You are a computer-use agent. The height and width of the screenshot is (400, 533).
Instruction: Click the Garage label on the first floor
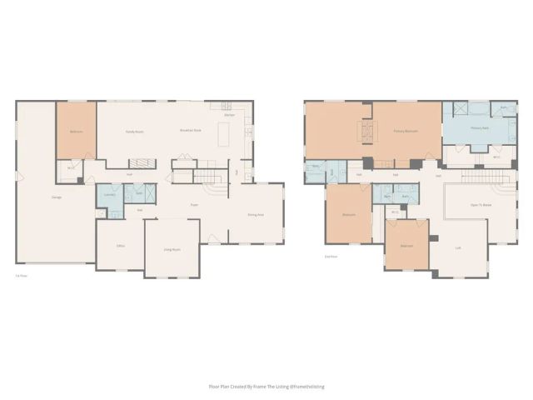coord(57,197)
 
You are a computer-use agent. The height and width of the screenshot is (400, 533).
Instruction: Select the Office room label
coord(121,246)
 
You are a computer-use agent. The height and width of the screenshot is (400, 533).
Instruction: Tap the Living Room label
coord(172,249)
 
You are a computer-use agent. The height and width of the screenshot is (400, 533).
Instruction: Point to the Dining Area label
coord(256,214)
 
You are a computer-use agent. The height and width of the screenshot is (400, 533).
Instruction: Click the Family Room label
coord(134,132)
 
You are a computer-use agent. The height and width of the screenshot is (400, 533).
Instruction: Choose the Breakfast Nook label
coord(192,132)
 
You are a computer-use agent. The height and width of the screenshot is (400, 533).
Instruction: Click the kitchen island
coord(222,132)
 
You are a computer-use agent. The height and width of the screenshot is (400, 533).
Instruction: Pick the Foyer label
coord(194,205)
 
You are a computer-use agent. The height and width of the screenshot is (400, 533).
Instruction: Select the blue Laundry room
coord(109,196)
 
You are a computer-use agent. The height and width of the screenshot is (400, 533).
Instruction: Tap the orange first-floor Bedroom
coord(76,130)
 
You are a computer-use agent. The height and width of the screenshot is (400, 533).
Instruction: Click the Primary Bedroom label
coord(406,131)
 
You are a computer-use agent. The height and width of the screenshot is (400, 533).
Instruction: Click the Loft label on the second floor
coord(458,247)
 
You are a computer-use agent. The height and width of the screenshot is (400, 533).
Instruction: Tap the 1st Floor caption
coord(19,276)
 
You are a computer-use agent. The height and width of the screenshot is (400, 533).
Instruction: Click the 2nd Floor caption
coord(330,257)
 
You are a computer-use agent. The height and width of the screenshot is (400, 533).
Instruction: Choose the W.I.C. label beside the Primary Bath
coord(496,157)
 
